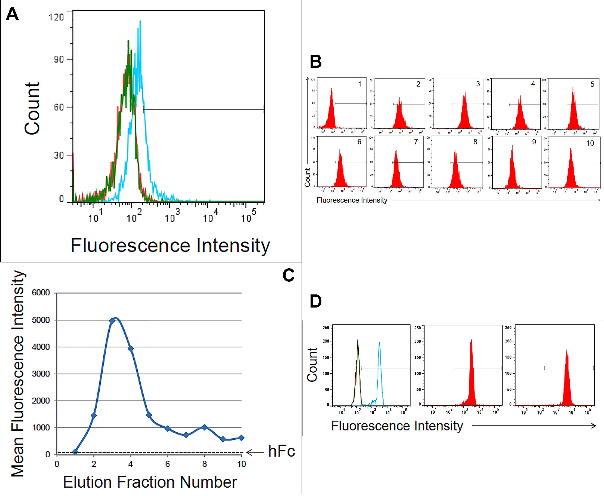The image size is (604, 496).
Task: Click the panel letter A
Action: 12,14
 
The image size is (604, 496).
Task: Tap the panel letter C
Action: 288,275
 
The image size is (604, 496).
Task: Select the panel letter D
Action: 316,301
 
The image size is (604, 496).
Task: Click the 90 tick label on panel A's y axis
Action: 59,60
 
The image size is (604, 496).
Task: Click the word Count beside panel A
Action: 32,109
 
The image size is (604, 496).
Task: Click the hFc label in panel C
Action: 281,451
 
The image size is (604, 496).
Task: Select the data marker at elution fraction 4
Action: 131,349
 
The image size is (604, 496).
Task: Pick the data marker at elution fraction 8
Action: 205,427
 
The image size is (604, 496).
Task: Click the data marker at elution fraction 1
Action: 75,452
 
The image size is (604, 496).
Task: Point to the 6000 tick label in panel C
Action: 41,293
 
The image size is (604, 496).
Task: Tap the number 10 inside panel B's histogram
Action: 590,143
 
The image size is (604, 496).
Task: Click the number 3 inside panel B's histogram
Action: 478,84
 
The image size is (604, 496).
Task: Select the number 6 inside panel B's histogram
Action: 359,142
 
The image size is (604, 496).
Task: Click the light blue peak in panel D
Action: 379,343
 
